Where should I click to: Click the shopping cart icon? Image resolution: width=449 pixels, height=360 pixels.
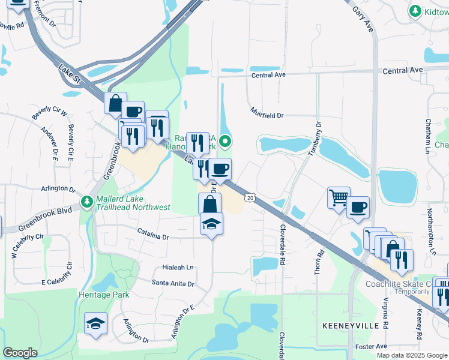[x=339, y=197]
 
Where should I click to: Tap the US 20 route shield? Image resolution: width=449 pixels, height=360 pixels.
[x=250, y=197]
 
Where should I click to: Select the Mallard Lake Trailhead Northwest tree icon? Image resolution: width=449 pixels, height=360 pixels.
[x=88, y=200]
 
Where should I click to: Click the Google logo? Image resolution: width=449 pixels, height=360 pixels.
[x=20, y=353]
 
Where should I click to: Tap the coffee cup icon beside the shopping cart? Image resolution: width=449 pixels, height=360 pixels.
[x=358, y=208]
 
